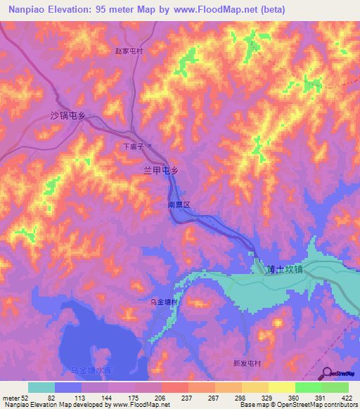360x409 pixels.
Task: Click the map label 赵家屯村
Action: pos(129,51)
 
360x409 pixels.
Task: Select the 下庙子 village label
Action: pos(133,147)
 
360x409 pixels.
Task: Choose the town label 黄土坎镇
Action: pos(285,268)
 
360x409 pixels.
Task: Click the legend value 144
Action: pos(105,397)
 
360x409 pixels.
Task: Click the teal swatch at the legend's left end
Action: pos(41,387)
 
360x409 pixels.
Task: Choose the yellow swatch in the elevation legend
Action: pos(281,387)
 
